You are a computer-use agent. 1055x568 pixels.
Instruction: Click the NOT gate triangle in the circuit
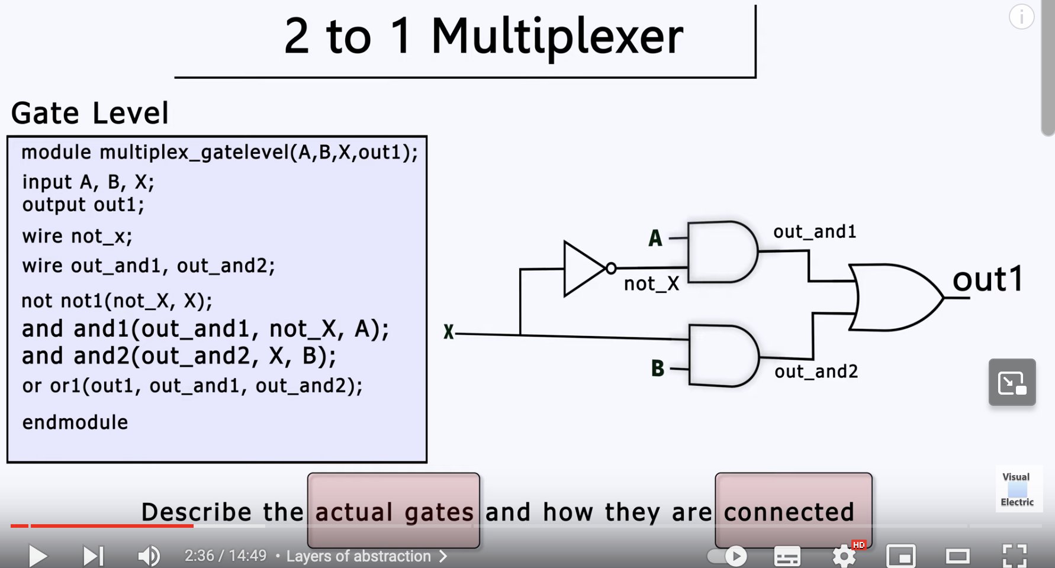[x=582, y=269]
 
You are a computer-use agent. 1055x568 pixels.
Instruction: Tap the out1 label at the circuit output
[x=988, y=279]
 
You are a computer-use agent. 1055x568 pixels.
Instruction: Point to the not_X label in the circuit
[x=651, y=285]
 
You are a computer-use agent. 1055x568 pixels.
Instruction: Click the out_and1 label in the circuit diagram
[x=815, y=232]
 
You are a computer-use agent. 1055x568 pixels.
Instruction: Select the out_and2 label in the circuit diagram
[x=816, y=372]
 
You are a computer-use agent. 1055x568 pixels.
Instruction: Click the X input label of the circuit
[x=449, y=333]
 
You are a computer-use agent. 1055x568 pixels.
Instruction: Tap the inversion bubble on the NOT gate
[x=611, y=269]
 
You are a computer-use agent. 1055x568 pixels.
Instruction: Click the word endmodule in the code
[x=75, y=422]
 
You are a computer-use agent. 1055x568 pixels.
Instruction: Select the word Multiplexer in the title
[x=557, y=37]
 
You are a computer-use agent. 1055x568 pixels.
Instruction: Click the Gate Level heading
[x=90, y=113]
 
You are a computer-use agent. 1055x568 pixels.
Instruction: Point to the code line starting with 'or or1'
[x=192, y=386]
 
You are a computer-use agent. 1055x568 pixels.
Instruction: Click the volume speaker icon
[x=149, y=556]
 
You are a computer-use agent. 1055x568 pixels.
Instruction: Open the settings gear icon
[x=844, y=556]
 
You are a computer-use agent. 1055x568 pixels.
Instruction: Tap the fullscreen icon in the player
[x=1014, y=556]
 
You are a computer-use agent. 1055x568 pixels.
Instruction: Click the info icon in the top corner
[x=1021, y=17]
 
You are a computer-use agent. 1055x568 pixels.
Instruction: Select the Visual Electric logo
[x=1017, y=489]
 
